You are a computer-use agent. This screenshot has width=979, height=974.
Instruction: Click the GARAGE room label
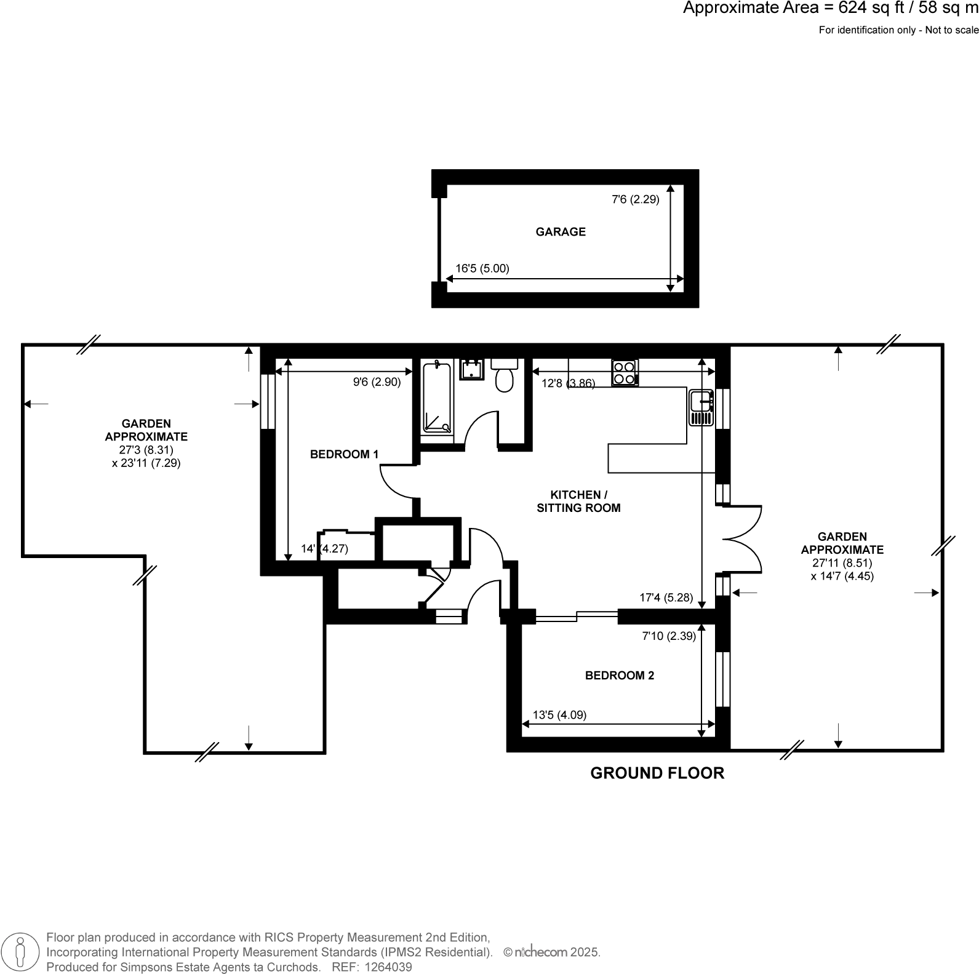pos(561,232)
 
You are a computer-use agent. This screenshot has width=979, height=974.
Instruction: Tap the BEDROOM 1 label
pos(344,455)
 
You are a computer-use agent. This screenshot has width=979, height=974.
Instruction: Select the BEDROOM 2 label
pos(619,676)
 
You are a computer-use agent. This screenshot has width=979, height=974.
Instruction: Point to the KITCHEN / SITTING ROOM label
pos(578,501)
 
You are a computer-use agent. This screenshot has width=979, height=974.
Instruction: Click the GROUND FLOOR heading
pos(657,773)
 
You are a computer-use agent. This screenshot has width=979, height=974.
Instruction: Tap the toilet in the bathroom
pos(505,376)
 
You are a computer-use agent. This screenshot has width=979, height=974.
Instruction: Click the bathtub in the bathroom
pos(437,399)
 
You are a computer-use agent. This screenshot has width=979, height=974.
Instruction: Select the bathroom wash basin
pos(472,370)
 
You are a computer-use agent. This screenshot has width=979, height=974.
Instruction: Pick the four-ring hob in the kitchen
pos(625,372)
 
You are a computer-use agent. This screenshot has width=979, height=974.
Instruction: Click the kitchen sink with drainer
pos(701,407)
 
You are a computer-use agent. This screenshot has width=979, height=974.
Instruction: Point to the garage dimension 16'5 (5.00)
pos(482,268)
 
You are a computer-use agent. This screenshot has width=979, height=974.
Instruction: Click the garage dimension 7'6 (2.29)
pos(635,199)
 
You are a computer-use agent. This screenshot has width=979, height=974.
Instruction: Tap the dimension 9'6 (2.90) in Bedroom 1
pos(377,382)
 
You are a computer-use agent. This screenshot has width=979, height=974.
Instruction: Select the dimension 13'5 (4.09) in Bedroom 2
pos(559,715)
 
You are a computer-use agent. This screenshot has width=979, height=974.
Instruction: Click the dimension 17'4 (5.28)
pos(666,597)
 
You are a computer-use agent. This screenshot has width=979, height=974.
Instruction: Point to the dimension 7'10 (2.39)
pos(669,636)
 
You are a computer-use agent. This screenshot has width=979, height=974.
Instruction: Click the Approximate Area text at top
pos(831,9)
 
